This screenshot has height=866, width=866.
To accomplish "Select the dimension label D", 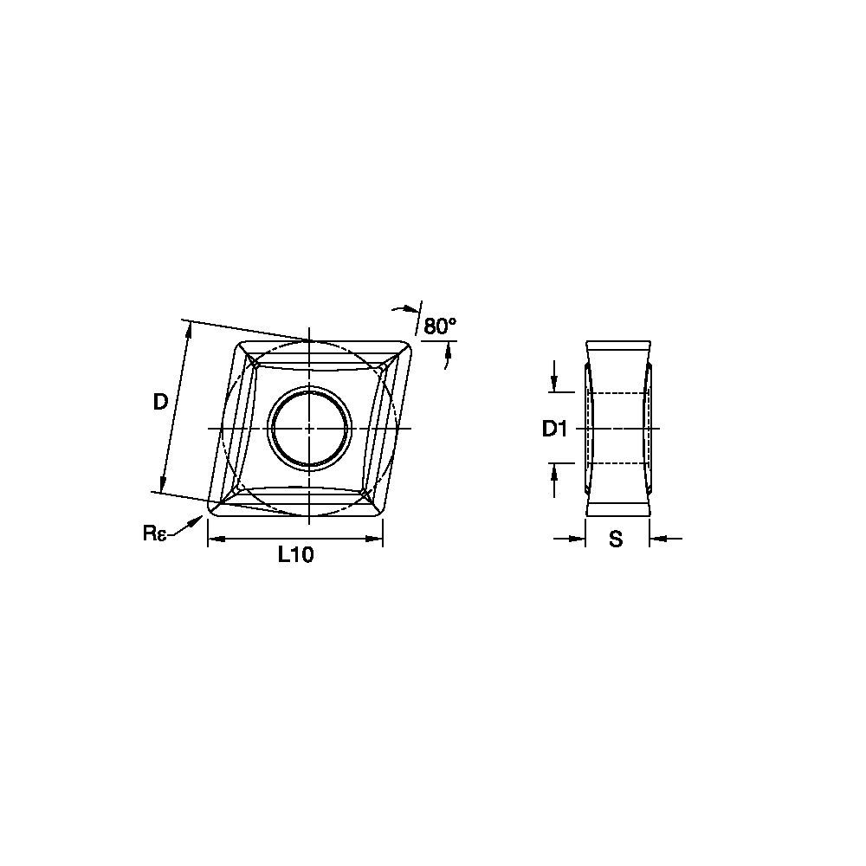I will [x=160, y=401].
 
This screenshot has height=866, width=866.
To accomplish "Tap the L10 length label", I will [x=295, y=556].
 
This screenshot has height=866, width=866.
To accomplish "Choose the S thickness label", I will [x=616, y=540].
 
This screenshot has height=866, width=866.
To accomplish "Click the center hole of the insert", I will [x=309, y=428].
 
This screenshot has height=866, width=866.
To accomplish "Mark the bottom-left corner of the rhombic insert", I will [x=210, y=511].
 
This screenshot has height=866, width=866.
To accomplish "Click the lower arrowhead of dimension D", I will [x=162, y=486].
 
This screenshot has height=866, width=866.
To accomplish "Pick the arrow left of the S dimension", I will [x=578, y=540].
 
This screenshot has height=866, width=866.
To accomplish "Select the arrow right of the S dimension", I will [x=656, y=540].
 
